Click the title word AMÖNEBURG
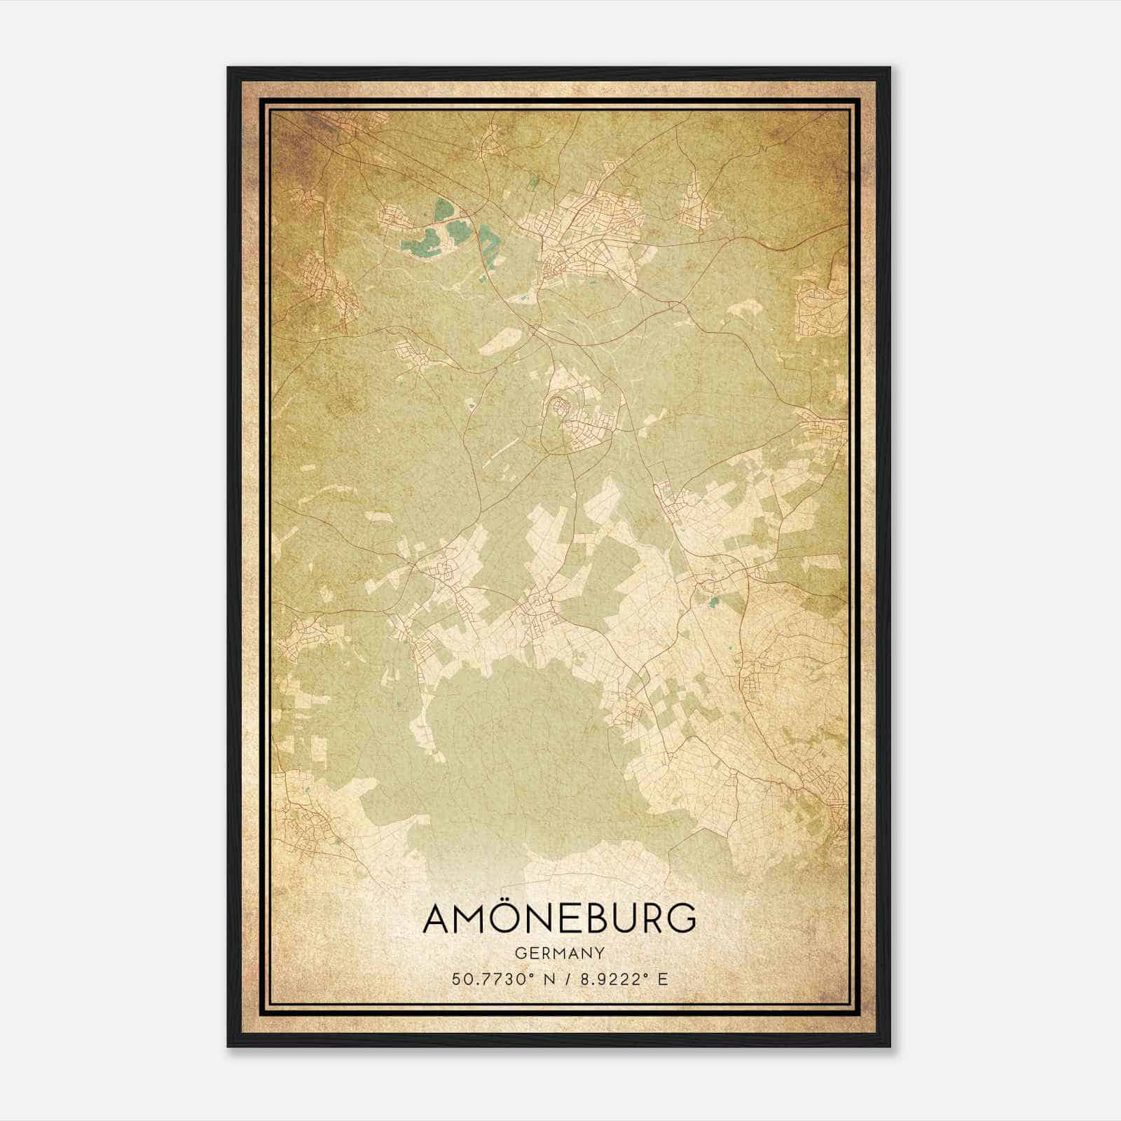(560, 919)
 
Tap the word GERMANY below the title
(560, 954)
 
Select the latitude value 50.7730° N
(497, 978)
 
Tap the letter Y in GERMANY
(600, 954)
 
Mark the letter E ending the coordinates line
(662, 978)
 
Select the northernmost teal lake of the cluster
(443, 209)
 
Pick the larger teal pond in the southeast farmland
(713, 601)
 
